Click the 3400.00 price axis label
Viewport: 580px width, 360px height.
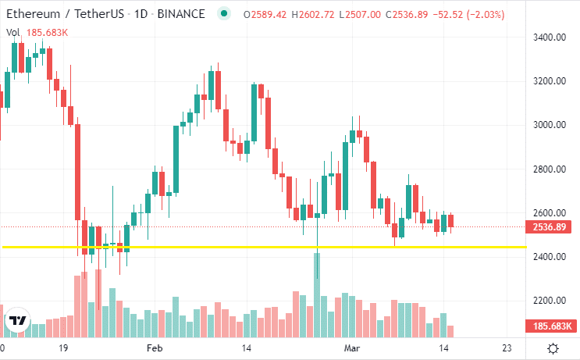click(549, 37)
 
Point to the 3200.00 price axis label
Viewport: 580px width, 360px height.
click(549, 81)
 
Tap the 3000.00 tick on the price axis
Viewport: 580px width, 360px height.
click(549, 125)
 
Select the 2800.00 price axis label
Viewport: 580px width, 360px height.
click(549, 169)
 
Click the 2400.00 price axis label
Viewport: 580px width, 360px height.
click(549, 257)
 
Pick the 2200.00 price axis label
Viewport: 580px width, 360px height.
click(549, 301)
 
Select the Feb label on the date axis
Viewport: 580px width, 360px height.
click(155, 348)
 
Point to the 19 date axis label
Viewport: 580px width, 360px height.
click(65, 348)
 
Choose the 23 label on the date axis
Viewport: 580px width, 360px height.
click(507, 348)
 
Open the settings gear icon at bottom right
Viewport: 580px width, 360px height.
click(553, 348)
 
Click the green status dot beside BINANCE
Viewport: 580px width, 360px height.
click(225, 14)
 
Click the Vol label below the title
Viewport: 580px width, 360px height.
click(13, 32)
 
